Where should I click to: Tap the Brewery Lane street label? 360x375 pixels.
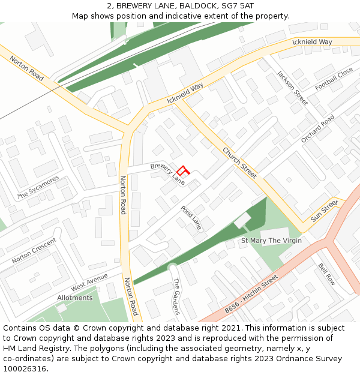[x=167, y=173]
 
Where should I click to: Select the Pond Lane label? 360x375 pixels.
[x=191, y=218]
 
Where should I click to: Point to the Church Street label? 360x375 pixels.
[x=239, y=163]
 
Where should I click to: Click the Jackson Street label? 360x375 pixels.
[x=292, y=88]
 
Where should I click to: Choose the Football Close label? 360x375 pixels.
[x=334, y=79]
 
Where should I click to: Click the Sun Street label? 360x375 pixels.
[x=325, y=211]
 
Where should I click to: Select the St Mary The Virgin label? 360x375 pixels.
[x=271, y=241]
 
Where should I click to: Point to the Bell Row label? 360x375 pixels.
[x=327, y=274]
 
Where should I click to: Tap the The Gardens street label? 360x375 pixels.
[x=176, y=296]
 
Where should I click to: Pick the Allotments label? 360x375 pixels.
[x=75, y=298]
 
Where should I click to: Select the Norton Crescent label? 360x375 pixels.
[x=34, y=251]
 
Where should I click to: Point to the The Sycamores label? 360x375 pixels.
[x=38, y=188]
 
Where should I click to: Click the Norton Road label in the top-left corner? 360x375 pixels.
[x=27, y=70]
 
